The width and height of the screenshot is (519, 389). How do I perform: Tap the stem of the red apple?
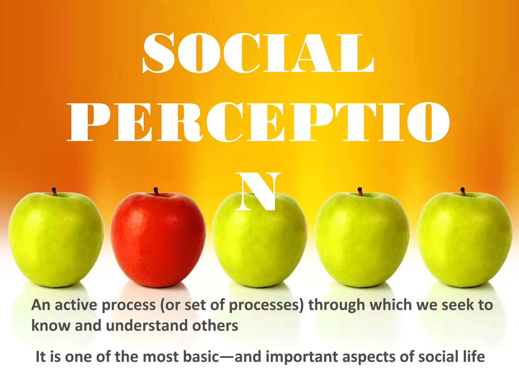click(x=156, y=191)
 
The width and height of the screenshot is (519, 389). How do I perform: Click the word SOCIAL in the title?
click(x=258, y=53)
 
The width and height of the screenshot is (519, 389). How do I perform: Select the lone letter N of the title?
click(x=258, y=191)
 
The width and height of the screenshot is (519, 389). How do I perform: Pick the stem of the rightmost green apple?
click(x=463, y=191)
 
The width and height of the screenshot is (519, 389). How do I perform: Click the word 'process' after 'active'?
click(x=128, y=305)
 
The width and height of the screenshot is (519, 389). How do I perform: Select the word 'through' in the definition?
click(x=337, y=305)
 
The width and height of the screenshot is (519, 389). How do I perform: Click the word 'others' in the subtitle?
click(x=215, y=326)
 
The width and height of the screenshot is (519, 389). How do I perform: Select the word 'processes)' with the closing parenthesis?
click(x=266, y=305)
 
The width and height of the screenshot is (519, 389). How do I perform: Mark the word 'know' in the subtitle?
click(x=51, y=326)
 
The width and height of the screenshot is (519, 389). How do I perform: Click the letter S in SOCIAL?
click(x=159, y=53)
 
